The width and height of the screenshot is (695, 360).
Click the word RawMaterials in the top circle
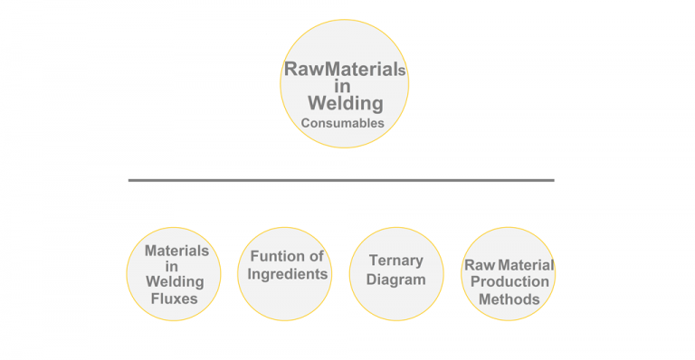344,68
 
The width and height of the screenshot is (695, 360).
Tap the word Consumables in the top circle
343,122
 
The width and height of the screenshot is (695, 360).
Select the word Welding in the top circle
345,102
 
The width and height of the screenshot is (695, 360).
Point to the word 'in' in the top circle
343,85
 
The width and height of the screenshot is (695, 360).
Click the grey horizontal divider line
340,180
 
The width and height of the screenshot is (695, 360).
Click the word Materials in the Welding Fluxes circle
176,250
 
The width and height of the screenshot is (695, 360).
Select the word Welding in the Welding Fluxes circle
176,281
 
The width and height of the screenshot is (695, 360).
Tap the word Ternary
395,261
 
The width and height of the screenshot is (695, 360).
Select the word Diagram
395,279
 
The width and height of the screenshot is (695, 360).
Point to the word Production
509,281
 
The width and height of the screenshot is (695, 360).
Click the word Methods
509,298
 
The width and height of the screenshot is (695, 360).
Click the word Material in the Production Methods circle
522,265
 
